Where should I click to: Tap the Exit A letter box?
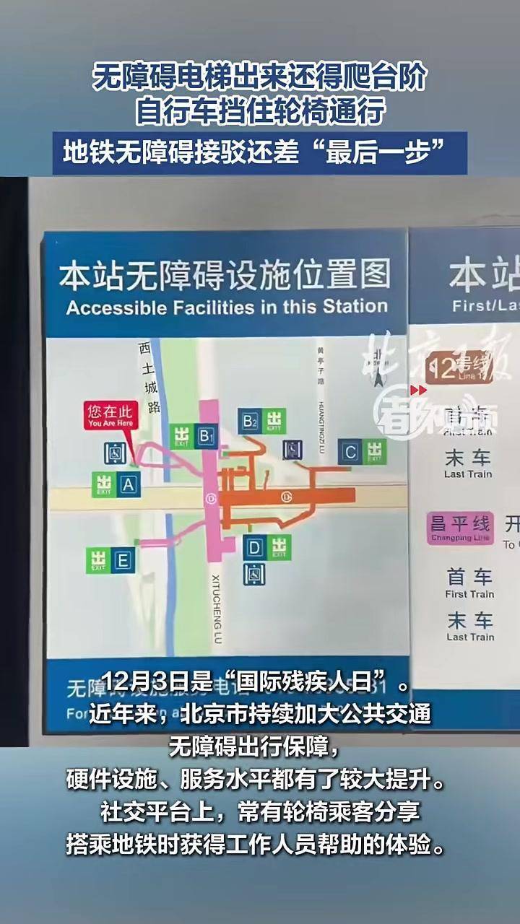tap(128, 484)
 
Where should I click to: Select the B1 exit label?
tap(207, 436)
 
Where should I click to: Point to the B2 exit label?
tap(250, 421)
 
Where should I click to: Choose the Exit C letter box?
tap(350, 453)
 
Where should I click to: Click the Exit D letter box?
tap(253, 547)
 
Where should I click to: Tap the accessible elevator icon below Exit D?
tap(254, 574)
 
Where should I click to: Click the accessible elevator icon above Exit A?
tap(116, 453)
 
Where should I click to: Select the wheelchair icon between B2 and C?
tap(292, 449)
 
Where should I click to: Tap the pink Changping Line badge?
tap(460, 528)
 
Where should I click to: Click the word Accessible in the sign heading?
tap(113, 307)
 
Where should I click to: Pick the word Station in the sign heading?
tap(355, 305)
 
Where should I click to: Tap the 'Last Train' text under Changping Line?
tap(469, 637)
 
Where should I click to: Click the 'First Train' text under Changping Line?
tap(469, 594)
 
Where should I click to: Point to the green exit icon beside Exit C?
tap(374, 451)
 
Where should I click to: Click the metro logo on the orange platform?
tap(287, 496)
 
